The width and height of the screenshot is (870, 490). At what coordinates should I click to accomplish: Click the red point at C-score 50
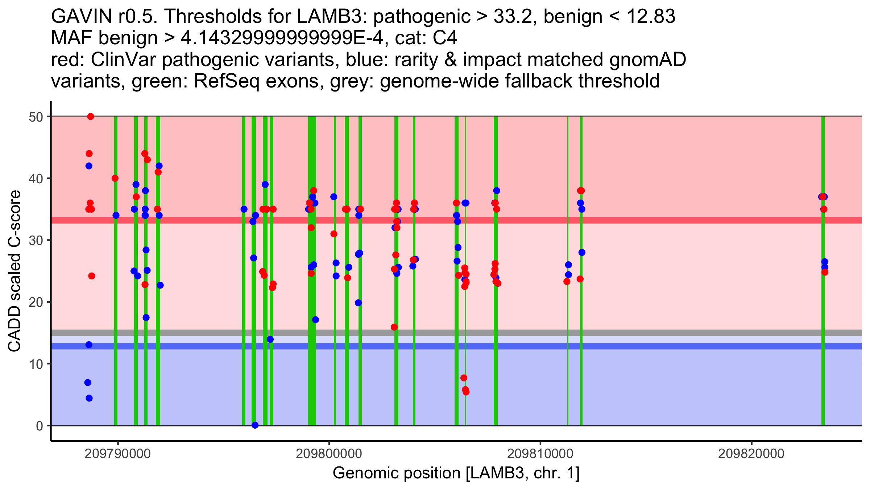[91, 117]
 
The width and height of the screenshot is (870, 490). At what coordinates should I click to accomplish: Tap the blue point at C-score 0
[255, 425]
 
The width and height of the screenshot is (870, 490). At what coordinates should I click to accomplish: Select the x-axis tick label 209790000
[117, 454]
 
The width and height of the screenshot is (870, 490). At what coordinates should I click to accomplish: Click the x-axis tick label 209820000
[751, 454]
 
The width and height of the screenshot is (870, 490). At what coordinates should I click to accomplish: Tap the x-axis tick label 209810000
[540, 454]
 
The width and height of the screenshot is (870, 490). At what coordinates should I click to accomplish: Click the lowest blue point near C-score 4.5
[89, 398]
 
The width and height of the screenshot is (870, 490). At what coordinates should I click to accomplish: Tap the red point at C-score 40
[115, 178]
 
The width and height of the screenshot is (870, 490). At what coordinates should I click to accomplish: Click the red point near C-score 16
[394, 327]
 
